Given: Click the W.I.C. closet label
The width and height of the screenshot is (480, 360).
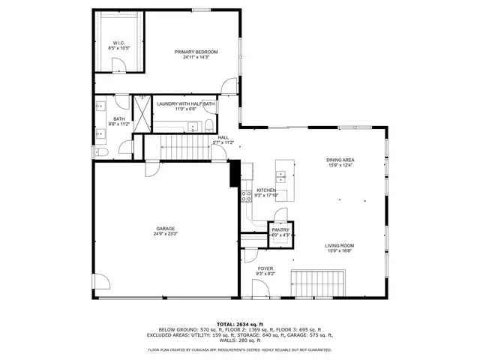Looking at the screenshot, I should point(118,43).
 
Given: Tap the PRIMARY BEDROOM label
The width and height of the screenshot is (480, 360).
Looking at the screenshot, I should point(196,52).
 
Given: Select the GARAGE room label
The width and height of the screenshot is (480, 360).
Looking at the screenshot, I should point(166,229).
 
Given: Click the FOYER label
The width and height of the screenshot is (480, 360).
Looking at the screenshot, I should point(265,268).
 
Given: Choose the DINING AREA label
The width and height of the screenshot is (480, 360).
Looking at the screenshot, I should point(340,160).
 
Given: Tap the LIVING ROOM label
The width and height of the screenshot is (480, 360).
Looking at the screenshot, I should point(339,246).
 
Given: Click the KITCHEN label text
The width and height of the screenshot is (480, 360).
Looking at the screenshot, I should point(266,190).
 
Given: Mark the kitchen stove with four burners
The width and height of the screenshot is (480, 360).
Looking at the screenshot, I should point(246,196).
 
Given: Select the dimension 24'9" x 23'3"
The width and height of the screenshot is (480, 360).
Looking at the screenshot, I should point(166,234).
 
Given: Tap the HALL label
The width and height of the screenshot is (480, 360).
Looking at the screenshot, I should point(223,137).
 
